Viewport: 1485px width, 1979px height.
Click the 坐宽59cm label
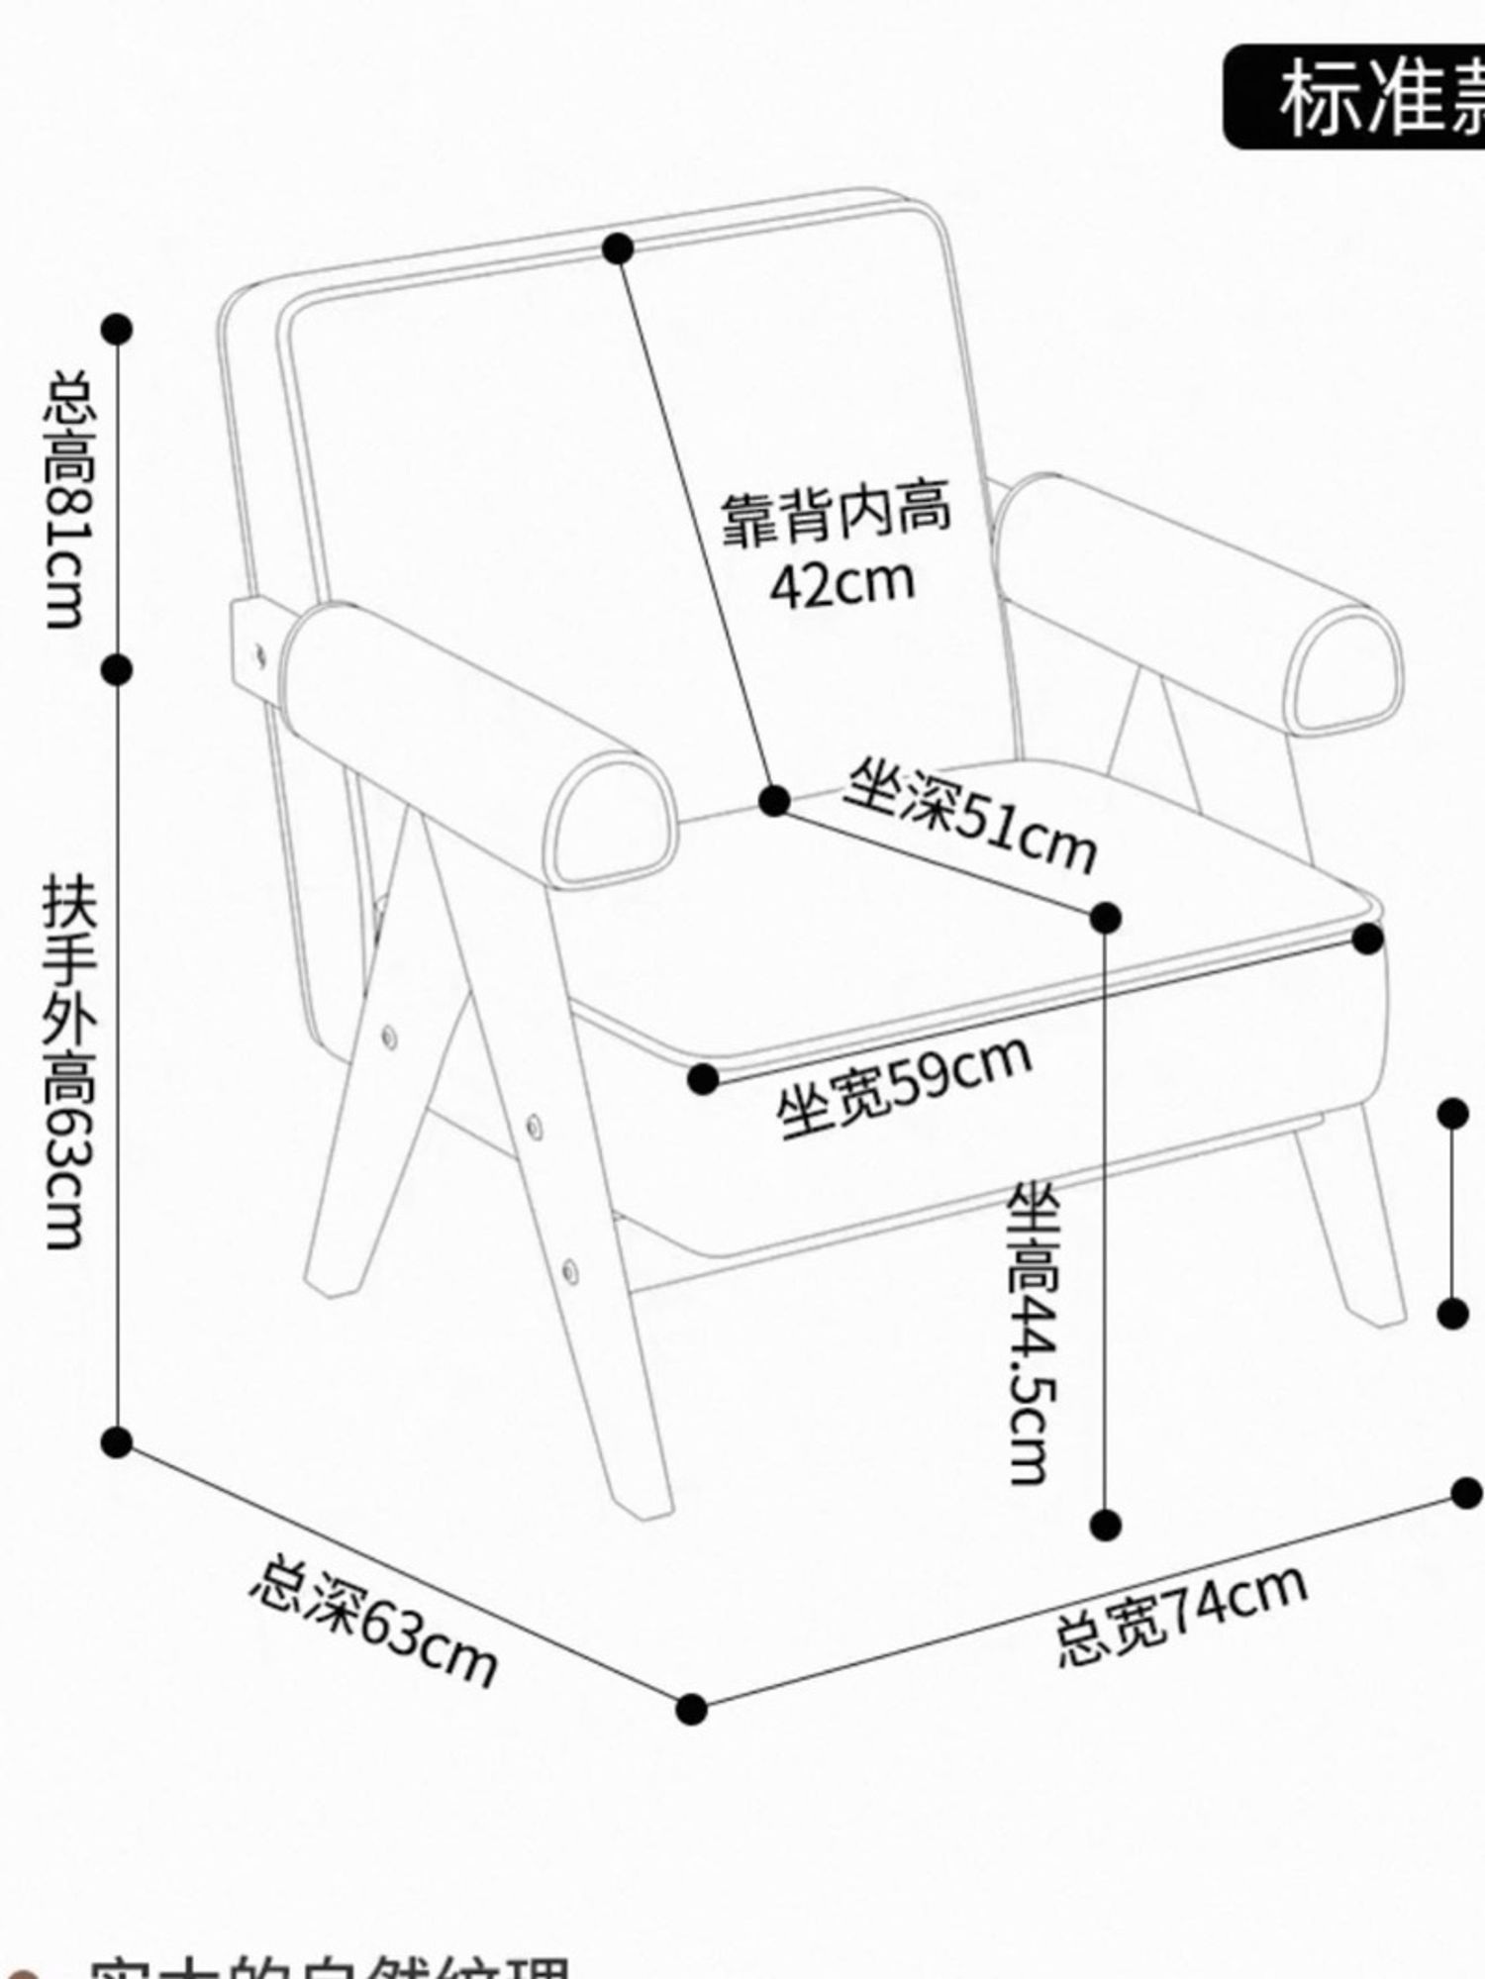(x=903, y=1086)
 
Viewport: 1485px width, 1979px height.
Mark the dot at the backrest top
(x=618, y=248)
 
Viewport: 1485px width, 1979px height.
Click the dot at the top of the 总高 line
(x=117, y=329)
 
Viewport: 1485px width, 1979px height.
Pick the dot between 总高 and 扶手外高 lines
(x=117, y=670)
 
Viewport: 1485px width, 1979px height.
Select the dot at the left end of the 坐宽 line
(x=703, y=1079)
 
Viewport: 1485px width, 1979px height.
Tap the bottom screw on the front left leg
(x=570, y=1268)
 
